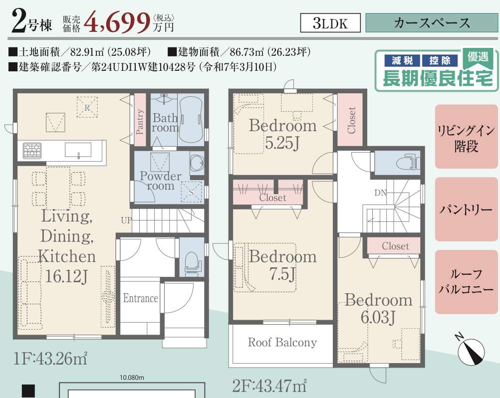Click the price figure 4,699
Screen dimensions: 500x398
117,22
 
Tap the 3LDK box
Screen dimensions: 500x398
330,23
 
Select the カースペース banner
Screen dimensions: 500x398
432,23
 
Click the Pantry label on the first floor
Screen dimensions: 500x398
139,121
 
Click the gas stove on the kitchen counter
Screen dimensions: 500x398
32,151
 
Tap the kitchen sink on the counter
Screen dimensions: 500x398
78,150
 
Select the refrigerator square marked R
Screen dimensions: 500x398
87,107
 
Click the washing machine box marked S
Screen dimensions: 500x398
191,192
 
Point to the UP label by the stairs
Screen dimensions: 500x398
126,220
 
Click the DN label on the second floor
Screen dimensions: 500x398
380,193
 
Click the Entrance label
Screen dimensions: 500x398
141,298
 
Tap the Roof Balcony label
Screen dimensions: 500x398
282,342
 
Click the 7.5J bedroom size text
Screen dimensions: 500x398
282,273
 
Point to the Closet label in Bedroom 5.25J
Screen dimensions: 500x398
351,120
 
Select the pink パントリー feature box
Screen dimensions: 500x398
466,209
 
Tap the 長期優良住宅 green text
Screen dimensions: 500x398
438,78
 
